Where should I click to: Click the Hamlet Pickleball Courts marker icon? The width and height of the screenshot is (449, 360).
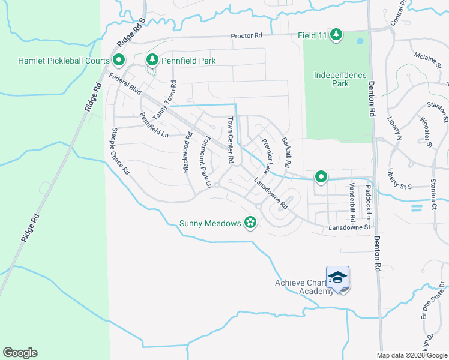[x=118, y=60]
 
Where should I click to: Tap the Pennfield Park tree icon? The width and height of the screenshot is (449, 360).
[x=152, y=60]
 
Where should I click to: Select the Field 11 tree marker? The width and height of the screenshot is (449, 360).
[x=336, y=35]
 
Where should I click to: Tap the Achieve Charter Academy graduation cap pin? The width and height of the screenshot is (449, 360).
[x=337, y=278]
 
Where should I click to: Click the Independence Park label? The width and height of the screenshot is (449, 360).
[x=340, y=79]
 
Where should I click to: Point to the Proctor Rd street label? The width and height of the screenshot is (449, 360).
[x=247, y=36]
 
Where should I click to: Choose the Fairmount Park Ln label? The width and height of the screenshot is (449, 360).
[x=204, y=163]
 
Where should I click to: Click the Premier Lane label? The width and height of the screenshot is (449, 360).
[x=270, y=154]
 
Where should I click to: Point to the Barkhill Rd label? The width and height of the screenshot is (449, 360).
[x=286, y=152]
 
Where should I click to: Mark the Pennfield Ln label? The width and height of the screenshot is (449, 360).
[x=154, y=125]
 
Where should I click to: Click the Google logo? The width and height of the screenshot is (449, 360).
[x=20, y=353]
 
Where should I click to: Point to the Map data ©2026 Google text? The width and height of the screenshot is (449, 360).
[x=411, y=355]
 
